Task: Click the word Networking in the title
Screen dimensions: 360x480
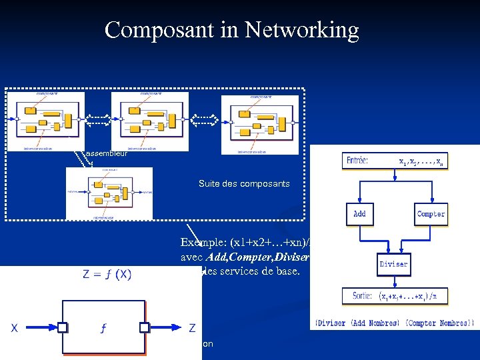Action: [302, 30]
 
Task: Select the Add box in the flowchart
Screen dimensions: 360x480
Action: [359, 214]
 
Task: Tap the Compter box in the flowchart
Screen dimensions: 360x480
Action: [431, 214]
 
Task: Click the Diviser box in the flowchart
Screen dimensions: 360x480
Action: [393, 264]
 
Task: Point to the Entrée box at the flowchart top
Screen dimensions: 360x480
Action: [393, 161]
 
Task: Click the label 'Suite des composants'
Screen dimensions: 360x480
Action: [244, 183]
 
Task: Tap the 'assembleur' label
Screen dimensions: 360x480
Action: [107, 153]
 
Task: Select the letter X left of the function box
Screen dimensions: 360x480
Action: [14, 328]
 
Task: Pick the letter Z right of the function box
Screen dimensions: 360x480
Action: [192, 328]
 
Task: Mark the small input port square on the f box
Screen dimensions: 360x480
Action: [61, 327]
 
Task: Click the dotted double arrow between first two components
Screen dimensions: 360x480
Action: [98, 120]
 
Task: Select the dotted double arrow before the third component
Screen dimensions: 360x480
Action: [205, 120]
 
